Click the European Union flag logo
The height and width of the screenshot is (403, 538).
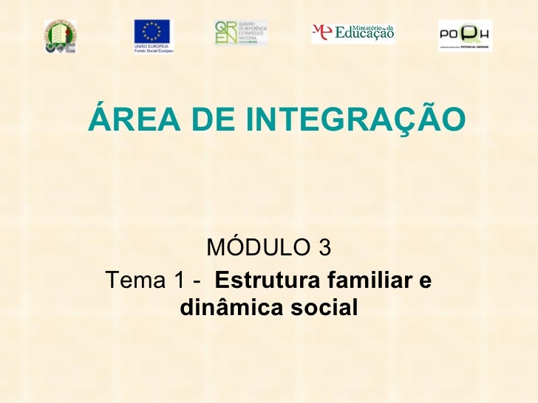coord(151,32)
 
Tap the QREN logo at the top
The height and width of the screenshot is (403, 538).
coord(241,32)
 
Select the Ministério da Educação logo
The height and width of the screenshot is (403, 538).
coord(353,32)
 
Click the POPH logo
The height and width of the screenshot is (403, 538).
coord(465,35)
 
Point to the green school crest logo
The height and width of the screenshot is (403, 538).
coord(60,35)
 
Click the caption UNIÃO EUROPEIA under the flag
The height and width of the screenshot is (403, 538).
coord(151,46)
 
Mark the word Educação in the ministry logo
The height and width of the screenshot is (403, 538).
coord(364,33)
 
